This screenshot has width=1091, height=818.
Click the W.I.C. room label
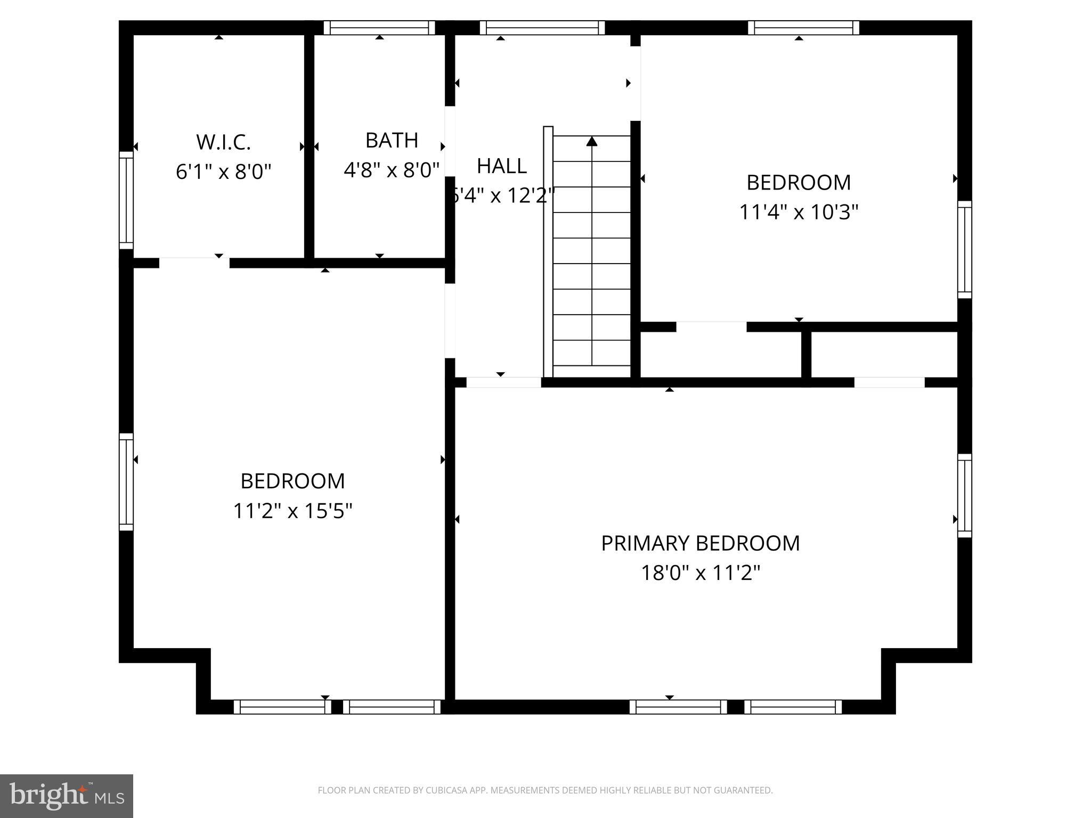click(223, 142)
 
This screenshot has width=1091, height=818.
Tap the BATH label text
click(392, 140)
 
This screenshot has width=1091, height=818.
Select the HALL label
click(501, 166)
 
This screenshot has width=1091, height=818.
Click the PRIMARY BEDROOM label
click(700, 543)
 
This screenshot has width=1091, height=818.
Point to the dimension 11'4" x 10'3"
click(798, 212)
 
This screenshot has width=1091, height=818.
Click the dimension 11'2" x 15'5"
click(292, 511)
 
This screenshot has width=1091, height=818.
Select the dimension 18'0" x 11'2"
click(700, 573)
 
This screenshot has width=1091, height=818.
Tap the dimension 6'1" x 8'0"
click(223, 171)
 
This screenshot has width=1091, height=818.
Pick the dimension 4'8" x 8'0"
click(392, 170)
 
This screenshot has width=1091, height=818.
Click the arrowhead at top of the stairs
click(592, 141)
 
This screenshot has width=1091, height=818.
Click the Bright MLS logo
click(67, 796)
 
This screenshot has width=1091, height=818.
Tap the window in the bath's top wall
click(379, 28)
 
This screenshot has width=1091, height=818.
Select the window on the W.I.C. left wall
click(126, 200)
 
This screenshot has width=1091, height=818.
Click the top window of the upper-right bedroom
click(803, 28)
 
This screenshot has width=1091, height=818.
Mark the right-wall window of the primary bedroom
click(964, 495)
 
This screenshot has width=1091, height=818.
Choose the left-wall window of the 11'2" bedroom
click(126, 481)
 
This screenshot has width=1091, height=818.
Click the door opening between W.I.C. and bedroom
click(194, 263)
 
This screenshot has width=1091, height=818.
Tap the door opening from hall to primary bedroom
click(503, 382)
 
